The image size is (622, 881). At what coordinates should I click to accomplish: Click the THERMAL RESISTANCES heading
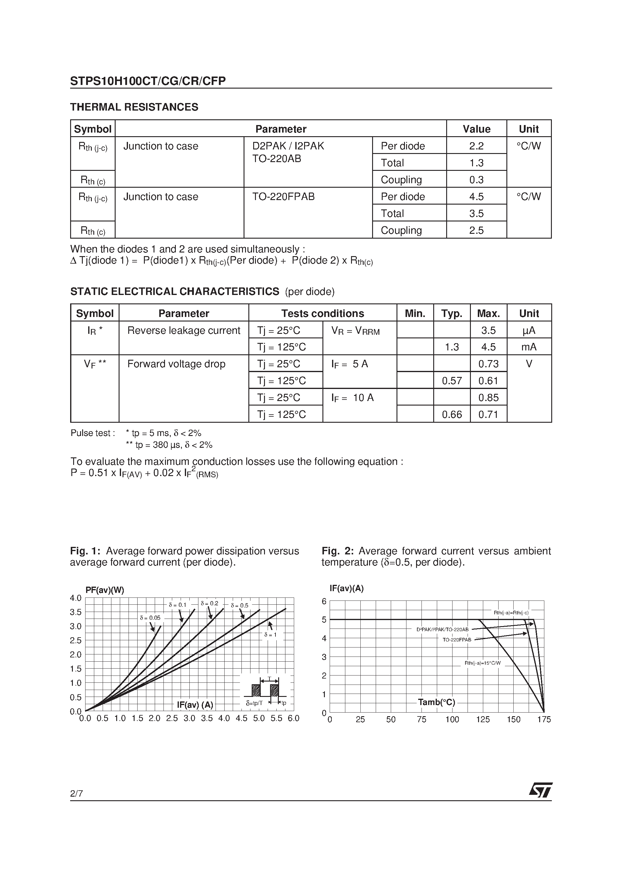pyautogui.click(x=134, y=107)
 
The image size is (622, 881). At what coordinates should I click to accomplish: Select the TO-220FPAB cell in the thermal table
pyautogui.click(x=283, y=197)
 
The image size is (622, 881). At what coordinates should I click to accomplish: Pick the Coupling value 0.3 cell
pyautogui.click(x=476, y=180)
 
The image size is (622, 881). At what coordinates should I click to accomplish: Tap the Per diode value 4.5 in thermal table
pyautogui.click(x=476, y=196)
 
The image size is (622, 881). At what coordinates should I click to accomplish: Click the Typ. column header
pyautogui.click(x=452, y=313)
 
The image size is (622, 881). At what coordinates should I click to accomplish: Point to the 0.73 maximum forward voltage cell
pyautogui.click(x=488, y=364)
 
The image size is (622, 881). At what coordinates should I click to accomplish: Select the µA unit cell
pyautogui.click(x=529, y=330)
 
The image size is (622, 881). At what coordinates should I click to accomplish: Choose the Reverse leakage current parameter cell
pyautogui.click(x=184, y=330)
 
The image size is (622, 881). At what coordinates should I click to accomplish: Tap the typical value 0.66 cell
pyautogui.click(x=452, y=414)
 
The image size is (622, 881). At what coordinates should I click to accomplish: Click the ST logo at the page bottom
pyautogui.click(x=541, y=790)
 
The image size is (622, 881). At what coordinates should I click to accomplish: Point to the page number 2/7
pyautogui.click(x=76, y=793)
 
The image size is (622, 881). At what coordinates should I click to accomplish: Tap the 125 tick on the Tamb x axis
pyautogui.click(x=483, y=720)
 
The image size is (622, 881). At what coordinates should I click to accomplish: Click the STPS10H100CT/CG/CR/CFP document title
pyautogui.click(x=148, y=81)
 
